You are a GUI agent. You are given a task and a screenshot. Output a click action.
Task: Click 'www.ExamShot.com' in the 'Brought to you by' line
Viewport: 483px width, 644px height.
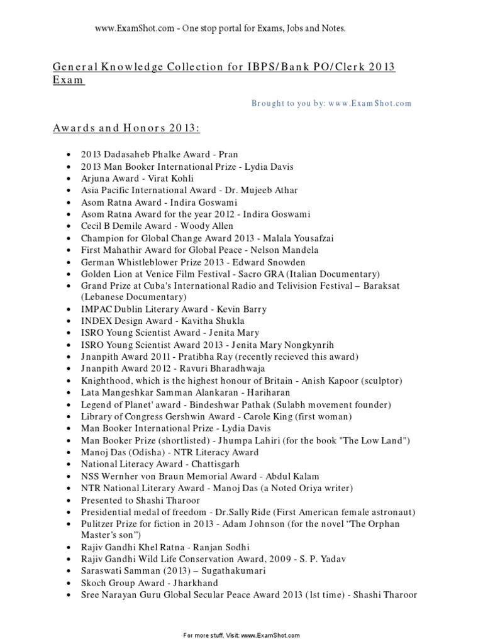click(x=369, y=103)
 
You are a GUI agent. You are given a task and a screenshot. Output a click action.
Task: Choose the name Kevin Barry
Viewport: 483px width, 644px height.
click(x=241, y=309)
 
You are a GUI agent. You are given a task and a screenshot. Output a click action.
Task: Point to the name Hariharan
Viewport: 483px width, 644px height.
click(x=261, y=392)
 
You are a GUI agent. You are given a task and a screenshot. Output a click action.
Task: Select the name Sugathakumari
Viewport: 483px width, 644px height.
click(x=217, y=571)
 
